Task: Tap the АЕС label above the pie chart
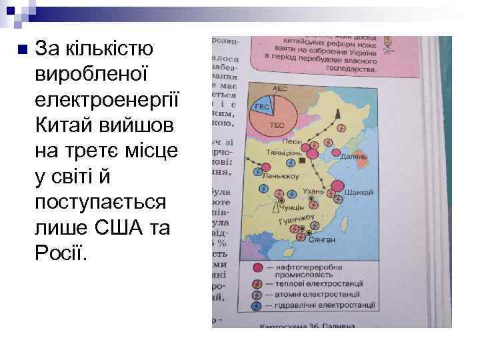pyautogui.click(x=281, y=88)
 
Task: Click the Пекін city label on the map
pyautogui.click(x=291, y=141)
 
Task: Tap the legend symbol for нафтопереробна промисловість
pyautogui.click(x=257, y=268)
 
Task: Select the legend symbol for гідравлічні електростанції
pyautogui.click(x=257, y=305)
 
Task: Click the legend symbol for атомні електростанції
pyautogui.click(x=257, y=293)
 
